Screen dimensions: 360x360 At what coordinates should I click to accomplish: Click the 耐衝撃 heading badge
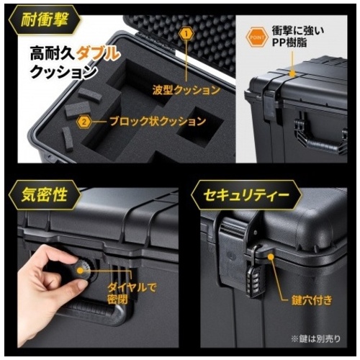pyautogui.click(x=45, y=20)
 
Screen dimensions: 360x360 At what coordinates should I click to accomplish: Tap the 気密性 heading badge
pyautogui.click(x=45, y=195)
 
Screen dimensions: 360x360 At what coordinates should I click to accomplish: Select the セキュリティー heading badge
pyautogui.click(x=246, y=195)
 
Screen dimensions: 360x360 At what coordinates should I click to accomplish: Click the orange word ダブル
pyautogui.click(x=98, y=54)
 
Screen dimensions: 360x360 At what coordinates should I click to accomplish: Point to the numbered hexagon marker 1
pyautogui.click(x=187, y=34)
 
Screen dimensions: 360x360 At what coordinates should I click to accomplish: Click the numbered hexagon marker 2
pyautogui.click(x=84, y=122)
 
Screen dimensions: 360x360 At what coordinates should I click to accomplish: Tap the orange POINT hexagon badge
pyautogui.click(x=257, y=37)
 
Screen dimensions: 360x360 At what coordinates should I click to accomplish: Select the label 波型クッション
pyautogui.click(x=186, y=90)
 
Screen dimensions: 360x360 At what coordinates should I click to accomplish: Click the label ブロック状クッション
pyautogui.click(x=158, y=122)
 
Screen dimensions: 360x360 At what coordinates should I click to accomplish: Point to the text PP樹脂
pyautogui.click(x=290, y=42)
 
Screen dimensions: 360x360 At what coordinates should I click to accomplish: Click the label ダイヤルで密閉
pyautogui.click(x=132, y=293)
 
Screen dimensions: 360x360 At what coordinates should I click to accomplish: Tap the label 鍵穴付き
pyautogui.click(x=312, y=300)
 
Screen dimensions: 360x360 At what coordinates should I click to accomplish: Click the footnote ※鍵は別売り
pyautogui.click(x=315, y=338)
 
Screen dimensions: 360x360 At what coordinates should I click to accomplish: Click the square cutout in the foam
pyautogui.click(x=199, y=126)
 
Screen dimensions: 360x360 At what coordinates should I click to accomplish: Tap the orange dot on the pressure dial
pyautogui.click(x=80, y=271)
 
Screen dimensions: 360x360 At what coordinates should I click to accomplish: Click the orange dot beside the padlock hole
pyautogui.click(x=271, y=257)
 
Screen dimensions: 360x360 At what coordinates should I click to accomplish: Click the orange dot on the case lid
pyautogui.click(x=292, y=73)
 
